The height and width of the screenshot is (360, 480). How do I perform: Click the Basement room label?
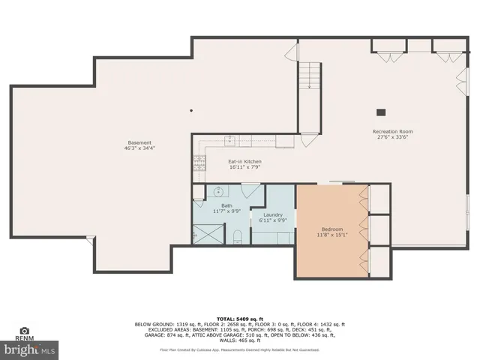tap(139, 142)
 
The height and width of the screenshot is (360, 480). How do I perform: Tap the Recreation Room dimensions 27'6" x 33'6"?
tap(392, 138)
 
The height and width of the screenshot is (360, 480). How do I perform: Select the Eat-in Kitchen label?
tap(244, 161)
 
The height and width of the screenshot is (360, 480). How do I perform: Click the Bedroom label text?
tap(332, 229)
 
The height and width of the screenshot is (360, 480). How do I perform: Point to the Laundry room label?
tap(272, 214)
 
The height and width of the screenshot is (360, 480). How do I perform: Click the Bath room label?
tap(225, 205)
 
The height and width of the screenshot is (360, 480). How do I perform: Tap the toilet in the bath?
tap(237, 238)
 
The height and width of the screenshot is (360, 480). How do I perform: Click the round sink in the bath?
tap(218, 190)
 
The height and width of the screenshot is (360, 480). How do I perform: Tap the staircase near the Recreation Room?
tap(309, 75)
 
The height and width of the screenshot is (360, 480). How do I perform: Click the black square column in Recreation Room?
tap(381, 112)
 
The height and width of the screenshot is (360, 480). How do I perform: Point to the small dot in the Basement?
tap(191, 110)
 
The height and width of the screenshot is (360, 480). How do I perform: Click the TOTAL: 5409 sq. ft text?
tap(240, 319)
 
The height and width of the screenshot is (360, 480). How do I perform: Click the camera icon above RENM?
tap(25, 330)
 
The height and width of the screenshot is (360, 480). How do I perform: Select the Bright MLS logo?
tap(30, 349)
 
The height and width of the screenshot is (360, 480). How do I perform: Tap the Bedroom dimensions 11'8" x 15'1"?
tap(332, 235)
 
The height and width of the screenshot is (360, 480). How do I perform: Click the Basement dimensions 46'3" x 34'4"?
tap(139, 148)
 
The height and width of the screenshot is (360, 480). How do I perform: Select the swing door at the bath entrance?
tap(250, 190)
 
